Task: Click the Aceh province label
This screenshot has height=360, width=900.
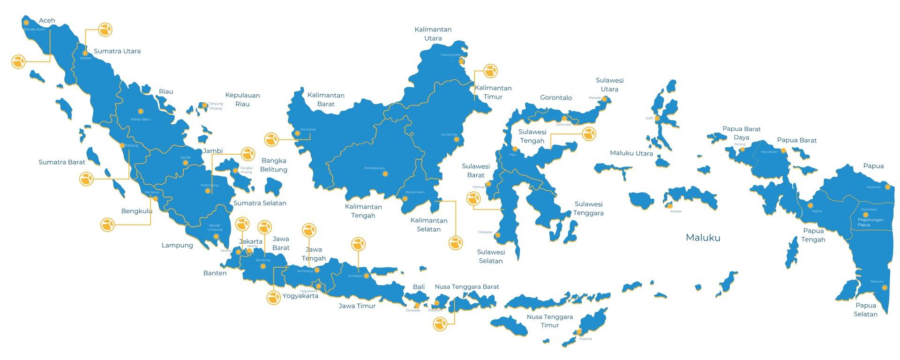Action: tap(47, 21)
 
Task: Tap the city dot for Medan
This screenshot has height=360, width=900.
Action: tap(85, 53)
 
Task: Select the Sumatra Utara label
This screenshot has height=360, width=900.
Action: tap(117, 51)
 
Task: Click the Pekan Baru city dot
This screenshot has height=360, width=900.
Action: tap(140, 111)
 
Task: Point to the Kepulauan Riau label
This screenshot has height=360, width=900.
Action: tap(242, 99)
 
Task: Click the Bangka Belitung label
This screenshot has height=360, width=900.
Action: tap(274, 165)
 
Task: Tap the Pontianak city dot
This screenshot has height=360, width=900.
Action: tap(297, 134)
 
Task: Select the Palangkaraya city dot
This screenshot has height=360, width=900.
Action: tap(385, 174)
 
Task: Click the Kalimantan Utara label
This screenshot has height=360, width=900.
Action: tap(433, 34)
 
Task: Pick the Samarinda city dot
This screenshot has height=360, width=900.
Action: tap(457, 139)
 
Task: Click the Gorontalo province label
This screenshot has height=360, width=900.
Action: tap(556, 98)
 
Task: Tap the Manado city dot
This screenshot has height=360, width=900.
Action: tap(605, 99)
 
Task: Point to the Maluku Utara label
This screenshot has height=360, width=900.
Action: tap(631, 153)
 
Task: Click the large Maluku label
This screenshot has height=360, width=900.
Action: tap(703, 238)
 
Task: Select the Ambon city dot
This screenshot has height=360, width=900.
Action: tap(670, 206)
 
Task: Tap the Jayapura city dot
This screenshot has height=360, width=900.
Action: tap(887, 187)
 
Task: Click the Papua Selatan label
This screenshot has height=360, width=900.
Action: tap(865, 310)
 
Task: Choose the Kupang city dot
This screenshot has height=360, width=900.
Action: tap(579, 332)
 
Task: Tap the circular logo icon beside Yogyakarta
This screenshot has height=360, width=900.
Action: tap(274, 298)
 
